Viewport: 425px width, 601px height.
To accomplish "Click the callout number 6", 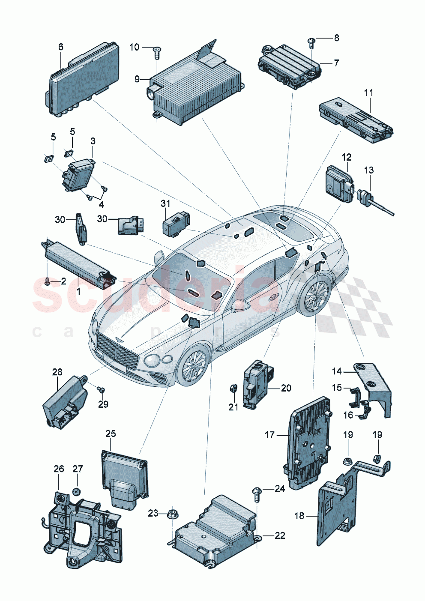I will click(x=60, y=47).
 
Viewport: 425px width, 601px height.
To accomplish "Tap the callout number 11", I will click(x=368, y=93).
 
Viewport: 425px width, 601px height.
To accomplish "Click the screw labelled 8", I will click(x=311, y=42).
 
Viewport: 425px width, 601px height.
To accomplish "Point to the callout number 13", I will click(x=368, y=170).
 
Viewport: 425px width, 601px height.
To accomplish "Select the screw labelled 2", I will click(x=47, y=281).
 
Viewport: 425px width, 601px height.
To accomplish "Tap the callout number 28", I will click(x=57, y=372).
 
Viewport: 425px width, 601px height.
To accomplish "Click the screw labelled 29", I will click(x=101, y=389).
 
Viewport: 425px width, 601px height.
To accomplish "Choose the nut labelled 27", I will click(x=77, y=491).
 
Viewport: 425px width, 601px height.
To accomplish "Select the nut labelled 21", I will click(x=233, y=389).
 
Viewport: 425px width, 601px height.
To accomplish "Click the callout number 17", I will click(x=269, y=435).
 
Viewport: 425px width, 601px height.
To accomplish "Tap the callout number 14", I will click(x=337, y=371).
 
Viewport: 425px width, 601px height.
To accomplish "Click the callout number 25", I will click(x=111, y=434).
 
